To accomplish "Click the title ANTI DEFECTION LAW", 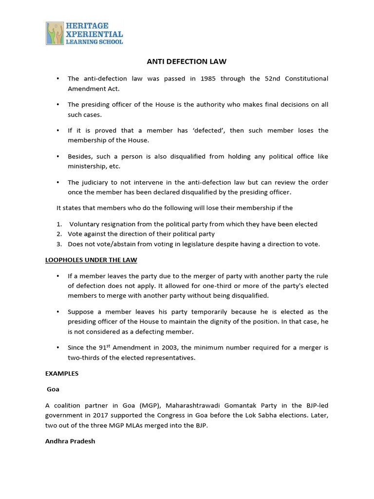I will point(187,61).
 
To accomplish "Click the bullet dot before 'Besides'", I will point(58,156).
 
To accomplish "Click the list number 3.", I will point(58,245).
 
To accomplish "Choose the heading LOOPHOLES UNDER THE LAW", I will point(92,260).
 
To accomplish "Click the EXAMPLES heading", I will point(62,374).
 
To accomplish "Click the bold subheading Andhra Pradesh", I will point(70,441).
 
